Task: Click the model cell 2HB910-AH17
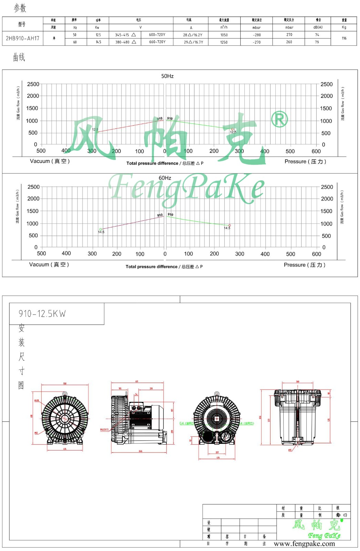(23, 38)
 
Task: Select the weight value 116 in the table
(344, 38)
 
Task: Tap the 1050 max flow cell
(224, 35)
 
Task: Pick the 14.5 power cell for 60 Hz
(98, 42)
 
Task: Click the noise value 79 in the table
(317, 42)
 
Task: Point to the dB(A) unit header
(318, 27)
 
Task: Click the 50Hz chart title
(167, 76)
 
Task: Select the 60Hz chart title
(165, 178)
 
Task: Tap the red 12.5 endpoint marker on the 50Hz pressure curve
(232, 129)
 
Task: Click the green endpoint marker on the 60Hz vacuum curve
(100, 229)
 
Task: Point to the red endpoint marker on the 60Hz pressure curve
(230, 226)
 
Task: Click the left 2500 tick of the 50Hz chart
(33, 84)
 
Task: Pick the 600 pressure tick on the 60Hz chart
(316, 254)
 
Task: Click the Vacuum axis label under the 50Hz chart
(50, 161)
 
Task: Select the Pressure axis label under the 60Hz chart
(304, 265)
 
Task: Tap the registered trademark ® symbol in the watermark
(279, 119)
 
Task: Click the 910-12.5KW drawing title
(42, 314)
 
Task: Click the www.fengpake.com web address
(304, 544)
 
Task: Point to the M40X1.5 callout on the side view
(104, 430)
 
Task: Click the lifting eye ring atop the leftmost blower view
(65, 394)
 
